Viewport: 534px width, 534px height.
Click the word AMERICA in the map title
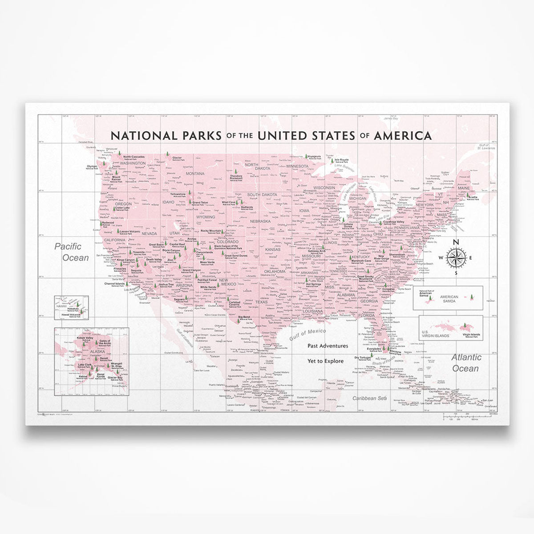(x=402, y=135)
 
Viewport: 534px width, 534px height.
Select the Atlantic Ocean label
(x=466, y=363)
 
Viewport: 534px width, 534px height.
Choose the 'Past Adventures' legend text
(x=328, y=345)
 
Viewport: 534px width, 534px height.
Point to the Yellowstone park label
(x=178, y=195)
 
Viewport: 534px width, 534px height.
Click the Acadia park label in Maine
(x=473, y=196)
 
